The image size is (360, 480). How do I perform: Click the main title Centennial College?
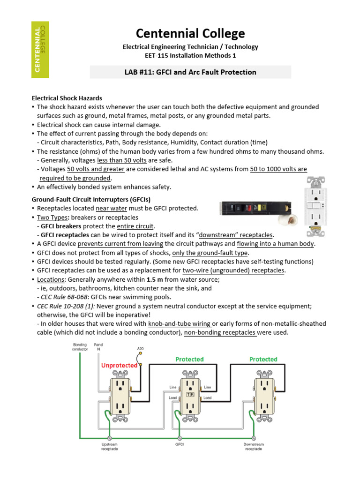click(x=190, y=34)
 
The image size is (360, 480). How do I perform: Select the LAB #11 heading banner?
click(x=190, y=72)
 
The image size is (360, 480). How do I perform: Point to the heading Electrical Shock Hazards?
click(x=67, y=98)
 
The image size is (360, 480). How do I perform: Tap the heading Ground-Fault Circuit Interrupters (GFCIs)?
click(x=91, y=200)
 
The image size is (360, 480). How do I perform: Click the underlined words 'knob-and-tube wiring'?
click(x=180, y=324)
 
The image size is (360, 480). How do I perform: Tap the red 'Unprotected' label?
click(x=119, y=365)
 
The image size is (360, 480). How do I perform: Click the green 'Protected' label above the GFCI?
click(x=189, y=360)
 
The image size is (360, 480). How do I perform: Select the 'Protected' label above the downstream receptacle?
click(x=263, y=360)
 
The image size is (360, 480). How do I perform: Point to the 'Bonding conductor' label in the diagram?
click(x=80, y=347)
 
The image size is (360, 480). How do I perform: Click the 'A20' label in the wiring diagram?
click(x=141, y=349)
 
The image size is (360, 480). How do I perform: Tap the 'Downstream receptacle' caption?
click(x=254, y=446)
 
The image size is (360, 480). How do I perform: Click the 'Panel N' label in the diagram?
click(x=98, y=347)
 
